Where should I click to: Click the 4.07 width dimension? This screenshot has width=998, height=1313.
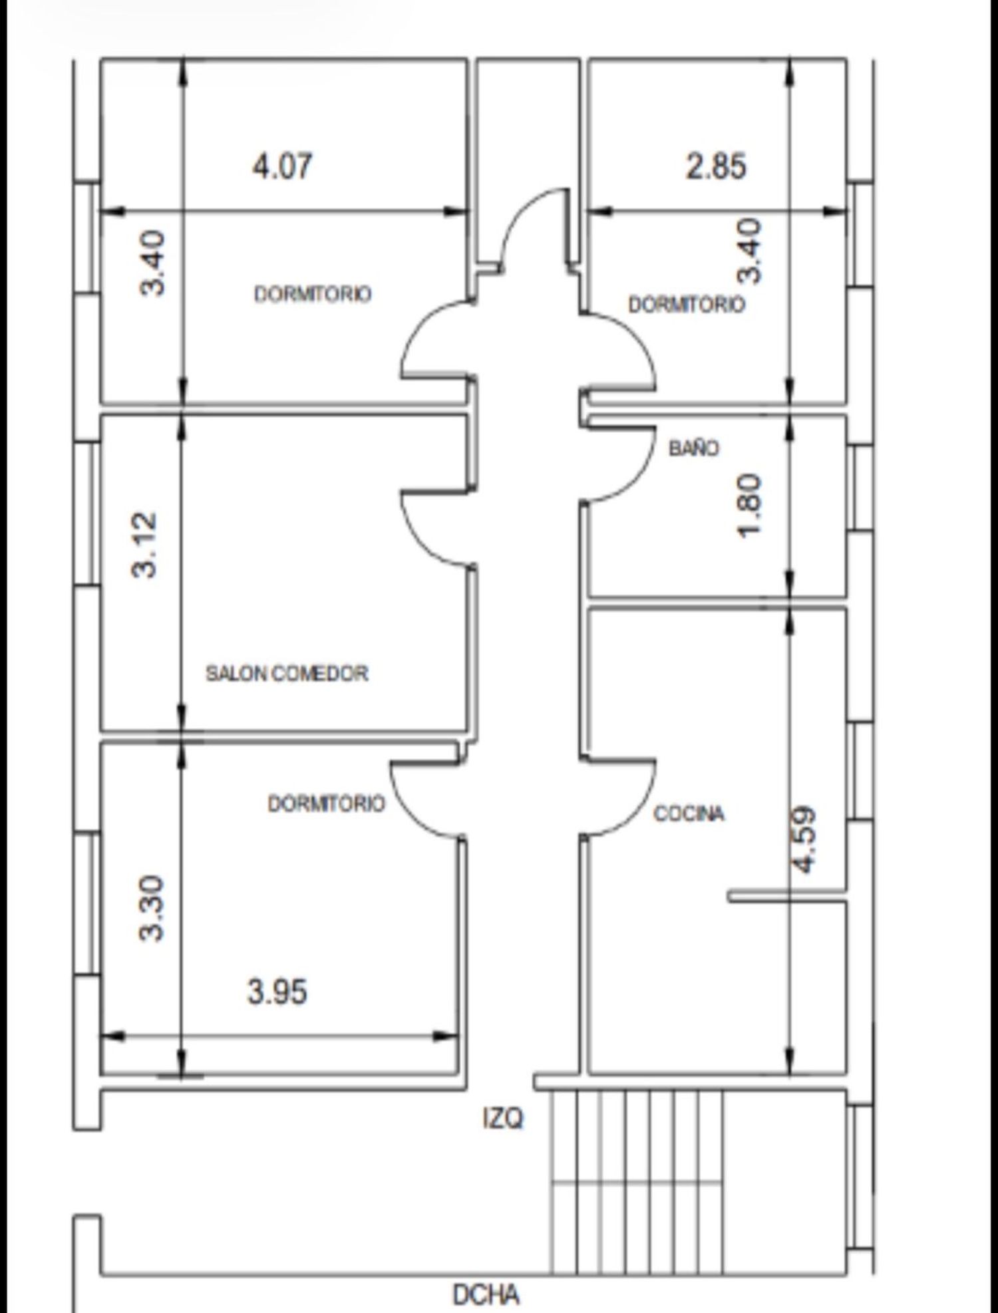[281, 166]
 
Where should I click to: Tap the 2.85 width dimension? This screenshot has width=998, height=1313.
[716, 166]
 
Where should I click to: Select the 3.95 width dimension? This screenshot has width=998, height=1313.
[277, 992]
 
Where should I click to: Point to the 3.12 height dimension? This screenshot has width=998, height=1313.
[145, 545]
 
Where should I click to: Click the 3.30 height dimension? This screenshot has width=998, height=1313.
[151, 909]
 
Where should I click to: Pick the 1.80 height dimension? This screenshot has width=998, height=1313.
[748, 506]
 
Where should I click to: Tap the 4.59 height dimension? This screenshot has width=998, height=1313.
[803, 839]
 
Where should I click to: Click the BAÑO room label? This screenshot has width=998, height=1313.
[694, 448]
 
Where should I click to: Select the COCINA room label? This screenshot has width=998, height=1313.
[689, 813]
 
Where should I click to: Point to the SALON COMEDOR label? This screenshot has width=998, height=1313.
[287, 673]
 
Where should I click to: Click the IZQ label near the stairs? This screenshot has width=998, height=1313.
[503, 1118]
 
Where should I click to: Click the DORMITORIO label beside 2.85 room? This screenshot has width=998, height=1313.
[687, 305]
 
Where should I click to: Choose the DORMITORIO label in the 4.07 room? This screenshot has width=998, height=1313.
[313, 294]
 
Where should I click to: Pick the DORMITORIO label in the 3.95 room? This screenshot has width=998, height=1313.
[326, 803]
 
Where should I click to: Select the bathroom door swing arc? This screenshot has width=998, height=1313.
[639, 466]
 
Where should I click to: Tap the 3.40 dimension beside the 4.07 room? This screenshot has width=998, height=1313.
[152, 263]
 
